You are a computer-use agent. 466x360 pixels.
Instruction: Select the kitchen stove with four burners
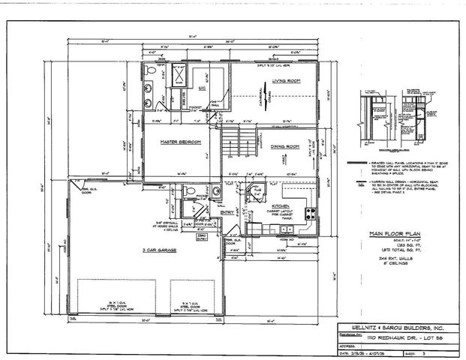309,213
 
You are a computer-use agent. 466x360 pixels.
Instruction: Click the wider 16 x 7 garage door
116,294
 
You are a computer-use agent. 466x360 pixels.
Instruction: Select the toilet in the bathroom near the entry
191,191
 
